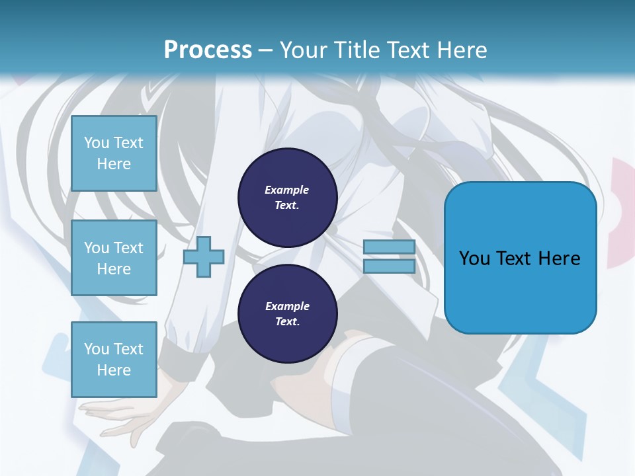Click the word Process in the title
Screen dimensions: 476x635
[208, 50]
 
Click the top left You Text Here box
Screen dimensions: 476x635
[114, 153]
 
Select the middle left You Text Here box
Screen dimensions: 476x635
[114, 258]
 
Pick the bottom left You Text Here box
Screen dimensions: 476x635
[114, 359]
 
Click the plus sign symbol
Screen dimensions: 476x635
[204, 257]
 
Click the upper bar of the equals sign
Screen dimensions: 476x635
[389, 247]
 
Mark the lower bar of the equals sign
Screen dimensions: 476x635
[389, 266]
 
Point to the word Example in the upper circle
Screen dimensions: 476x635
[286, 190]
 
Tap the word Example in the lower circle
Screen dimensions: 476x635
[287, 306]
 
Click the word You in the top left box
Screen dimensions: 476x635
[97, 143]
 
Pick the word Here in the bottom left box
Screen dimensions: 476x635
[114, 370]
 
